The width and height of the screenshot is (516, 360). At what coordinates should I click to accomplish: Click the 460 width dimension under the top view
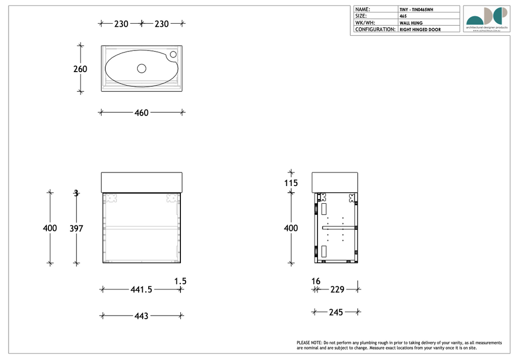click(142, 113)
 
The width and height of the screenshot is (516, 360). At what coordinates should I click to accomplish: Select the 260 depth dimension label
click(80, 69)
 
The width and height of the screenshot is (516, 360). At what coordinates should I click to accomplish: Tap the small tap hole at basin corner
click(173, 54)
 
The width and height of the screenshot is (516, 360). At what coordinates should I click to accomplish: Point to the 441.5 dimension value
click(142, 289)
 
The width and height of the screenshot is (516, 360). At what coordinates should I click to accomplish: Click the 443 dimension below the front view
click(142, 316)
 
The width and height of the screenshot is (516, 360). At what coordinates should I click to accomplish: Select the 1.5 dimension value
click(180, 281)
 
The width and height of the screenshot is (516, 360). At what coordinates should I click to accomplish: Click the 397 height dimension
click(76, 228)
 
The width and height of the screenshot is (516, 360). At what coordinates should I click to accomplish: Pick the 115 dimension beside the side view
click(291, 183)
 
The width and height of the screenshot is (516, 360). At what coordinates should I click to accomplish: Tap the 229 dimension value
click(337, 289)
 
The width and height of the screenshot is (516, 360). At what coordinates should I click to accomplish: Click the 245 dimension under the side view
click(336, 313)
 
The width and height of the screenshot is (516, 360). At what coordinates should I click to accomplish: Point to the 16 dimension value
click(316, 281)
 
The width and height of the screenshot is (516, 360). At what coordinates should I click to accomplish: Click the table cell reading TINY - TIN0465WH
click(416, 10)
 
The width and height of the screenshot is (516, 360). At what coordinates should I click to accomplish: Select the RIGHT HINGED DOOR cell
click(420, 30)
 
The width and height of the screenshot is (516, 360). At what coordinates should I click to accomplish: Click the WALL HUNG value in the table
click(411, 23)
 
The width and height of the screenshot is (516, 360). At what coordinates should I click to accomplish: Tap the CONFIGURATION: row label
click(375, 29)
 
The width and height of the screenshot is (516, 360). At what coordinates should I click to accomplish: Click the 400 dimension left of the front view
click(50, 228)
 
